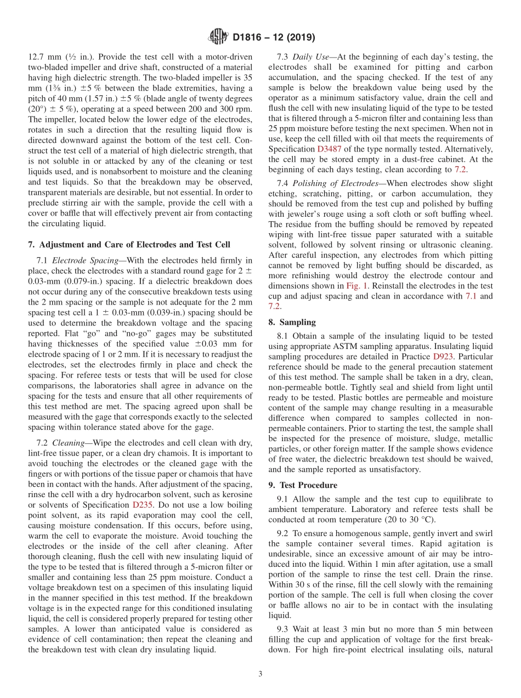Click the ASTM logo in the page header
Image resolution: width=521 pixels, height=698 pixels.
pyautogui.click(x=218, y=37)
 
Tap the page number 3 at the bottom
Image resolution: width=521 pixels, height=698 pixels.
pyautogui.click(x=260, y=674)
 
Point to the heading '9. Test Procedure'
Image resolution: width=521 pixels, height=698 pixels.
pyautogui.click(x=310, y=485)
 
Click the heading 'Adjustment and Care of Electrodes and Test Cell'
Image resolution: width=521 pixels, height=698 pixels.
pyautogui.click(x=135, y=244)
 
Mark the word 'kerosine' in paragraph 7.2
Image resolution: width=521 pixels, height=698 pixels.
pyautogui.click(x=235, y=494)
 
